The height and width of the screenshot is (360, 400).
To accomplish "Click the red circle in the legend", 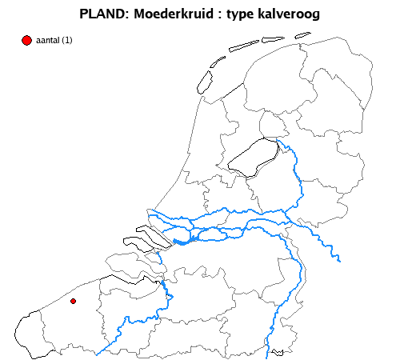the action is pyautogui.click(x=26, y=41).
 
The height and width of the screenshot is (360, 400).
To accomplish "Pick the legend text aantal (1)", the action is pyautogui.click(x=54, y=41).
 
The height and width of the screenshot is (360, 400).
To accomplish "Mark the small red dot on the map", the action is pyautogui.click(x=73, y=301).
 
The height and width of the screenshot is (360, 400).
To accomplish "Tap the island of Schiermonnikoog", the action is pyautogui.click(x=302, y=34).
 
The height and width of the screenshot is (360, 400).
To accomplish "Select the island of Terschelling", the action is pyautogui.click(x=243, y=46).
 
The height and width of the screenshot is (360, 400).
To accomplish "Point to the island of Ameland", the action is pyautogui.click(x=274, y=38).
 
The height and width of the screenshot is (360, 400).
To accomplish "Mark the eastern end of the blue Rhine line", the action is pyautogui.click(x=340, y=260).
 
